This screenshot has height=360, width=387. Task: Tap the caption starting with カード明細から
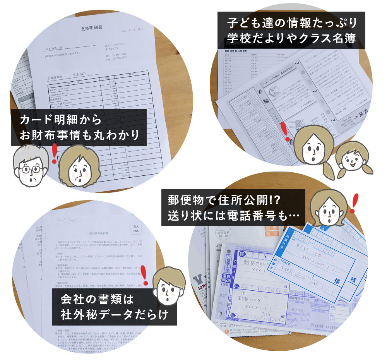point(79,127)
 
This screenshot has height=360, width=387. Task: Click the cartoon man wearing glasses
point(30,167)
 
